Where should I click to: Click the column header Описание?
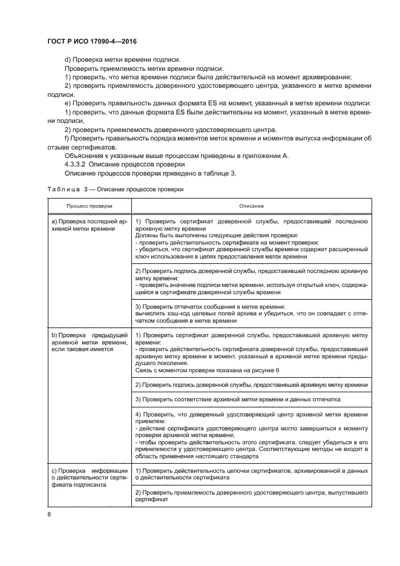tap(251, 206)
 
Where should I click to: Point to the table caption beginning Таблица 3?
tap(115, 189)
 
